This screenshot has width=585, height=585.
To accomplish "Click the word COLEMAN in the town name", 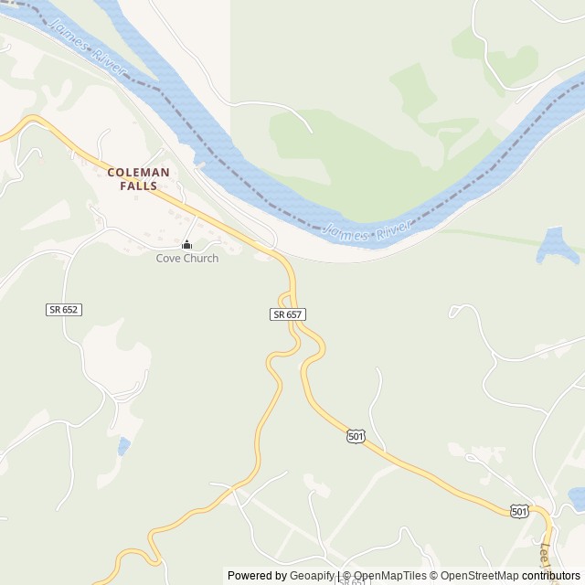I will click(138, 171).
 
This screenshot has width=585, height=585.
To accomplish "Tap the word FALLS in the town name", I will click(138, 186).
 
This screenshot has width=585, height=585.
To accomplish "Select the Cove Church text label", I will click(186, 259).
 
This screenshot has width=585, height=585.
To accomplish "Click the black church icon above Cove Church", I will click(186, 245).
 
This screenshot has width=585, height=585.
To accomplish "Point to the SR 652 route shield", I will click(64, 310).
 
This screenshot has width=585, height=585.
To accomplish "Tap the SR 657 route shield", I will click(287, 314).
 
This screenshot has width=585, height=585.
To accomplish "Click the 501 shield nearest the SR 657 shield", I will click(356, 437).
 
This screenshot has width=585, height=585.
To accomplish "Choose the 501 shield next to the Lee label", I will click(519, 511).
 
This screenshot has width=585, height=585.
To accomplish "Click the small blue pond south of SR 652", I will click(123, 447).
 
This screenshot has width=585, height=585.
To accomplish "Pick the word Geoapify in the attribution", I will click(312, 576).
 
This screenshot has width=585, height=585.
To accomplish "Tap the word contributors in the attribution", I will click(551, 576).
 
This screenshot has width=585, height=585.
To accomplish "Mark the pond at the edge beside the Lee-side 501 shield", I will click(577, 498).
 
